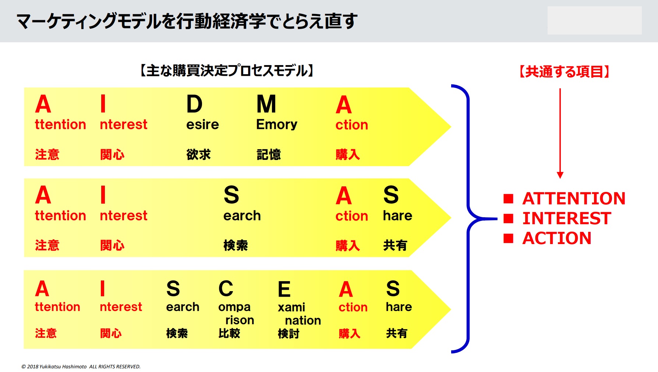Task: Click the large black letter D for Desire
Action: click(194, 104)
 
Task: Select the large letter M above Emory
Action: click(266, 104)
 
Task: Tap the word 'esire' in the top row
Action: click(202, 125)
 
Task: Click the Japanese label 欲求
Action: click(198, 154)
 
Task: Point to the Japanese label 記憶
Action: click(269, 154)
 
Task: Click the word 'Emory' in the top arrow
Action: click(277, 125)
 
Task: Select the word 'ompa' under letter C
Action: click(234, 307)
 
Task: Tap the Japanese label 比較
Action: click(229, 333)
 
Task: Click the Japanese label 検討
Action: click(289, 333)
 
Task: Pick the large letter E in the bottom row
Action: click(284, 289)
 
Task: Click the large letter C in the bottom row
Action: click(226, 289)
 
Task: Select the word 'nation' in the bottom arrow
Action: click(303, 321)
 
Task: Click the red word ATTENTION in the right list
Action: click(574, 198)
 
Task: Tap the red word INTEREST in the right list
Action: click(567, 218)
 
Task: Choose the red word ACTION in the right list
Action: click(557, 238)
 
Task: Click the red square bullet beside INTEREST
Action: click(508, 219)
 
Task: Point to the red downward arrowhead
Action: click(560, 175)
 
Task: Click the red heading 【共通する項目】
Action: click(564, 72)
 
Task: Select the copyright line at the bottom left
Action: click(81, 366)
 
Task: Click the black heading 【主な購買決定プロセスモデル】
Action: click(227, 71)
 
